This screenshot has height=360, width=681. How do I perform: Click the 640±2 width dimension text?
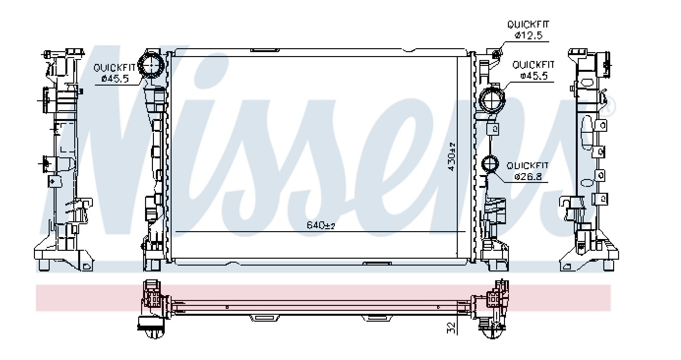(321, 225)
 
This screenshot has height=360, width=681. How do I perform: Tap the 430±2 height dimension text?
(452, 156)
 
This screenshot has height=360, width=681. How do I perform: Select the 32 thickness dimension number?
(452, 328)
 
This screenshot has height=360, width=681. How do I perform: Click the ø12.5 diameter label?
(529, 35)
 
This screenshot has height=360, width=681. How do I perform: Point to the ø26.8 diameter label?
(529, 177)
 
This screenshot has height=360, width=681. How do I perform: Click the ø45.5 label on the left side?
(115, 79)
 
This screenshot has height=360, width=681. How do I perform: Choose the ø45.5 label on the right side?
(534, 75)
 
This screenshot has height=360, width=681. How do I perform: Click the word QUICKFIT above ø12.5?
(529, 24)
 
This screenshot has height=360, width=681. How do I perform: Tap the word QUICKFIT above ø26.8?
(528, 166)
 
